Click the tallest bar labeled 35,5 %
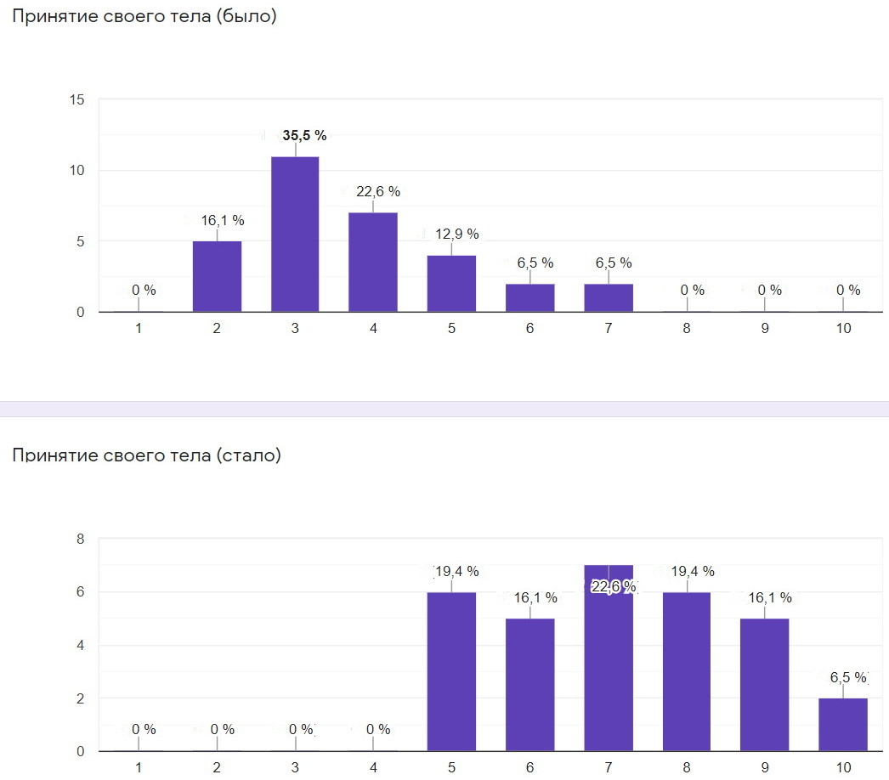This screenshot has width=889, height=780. [295, 234]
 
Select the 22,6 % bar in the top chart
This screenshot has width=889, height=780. [373, 262]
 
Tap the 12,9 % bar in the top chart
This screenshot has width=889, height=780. [451, 283]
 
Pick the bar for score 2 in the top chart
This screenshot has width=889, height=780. [217, 276]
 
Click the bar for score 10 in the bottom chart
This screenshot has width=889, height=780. [843, 724]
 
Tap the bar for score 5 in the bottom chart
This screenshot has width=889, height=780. [451, 671]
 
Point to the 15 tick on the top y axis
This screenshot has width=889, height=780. [77, 100]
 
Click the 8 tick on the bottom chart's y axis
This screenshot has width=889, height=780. [80, 539]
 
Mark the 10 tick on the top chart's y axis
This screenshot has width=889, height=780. [77, 171]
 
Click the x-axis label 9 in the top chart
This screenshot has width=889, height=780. [765, 329]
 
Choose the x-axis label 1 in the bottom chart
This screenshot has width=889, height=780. [139, 767]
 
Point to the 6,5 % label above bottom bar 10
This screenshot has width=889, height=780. [848, 677]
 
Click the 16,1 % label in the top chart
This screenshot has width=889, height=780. [223, 221]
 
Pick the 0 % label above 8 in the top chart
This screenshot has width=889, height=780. [693, 290]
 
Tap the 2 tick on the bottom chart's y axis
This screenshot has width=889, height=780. [80, 698]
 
